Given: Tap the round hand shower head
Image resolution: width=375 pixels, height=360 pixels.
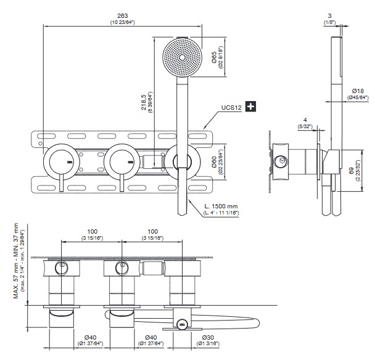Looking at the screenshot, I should (x=181, y=59).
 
